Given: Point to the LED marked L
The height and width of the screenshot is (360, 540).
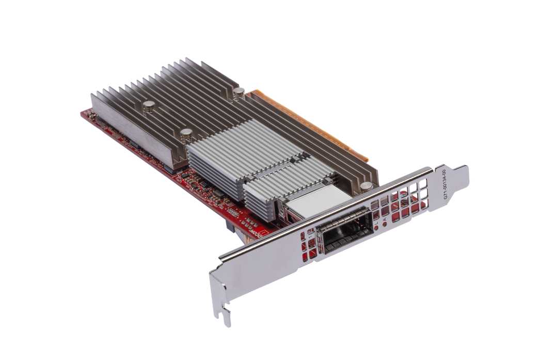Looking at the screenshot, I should (376, 226).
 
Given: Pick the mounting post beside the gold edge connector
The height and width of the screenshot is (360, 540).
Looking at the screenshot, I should (239, 93).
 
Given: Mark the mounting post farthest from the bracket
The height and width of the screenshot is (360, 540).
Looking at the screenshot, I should (149, 106).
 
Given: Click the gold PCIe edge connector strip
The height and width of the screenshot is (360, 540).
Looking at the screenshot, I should (310, 124).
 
